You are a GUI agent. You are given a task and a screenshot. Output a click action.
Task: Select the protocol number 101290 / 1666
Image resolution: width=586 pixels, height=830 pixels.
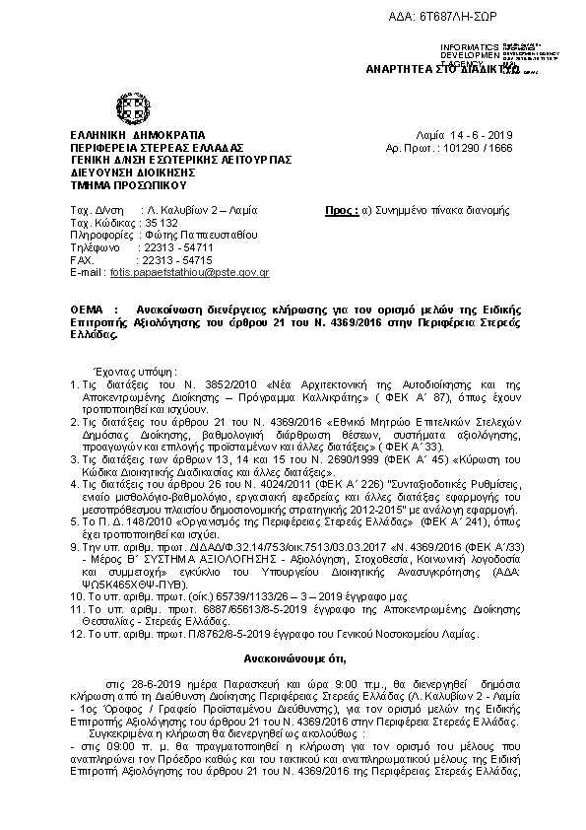click(477, 147)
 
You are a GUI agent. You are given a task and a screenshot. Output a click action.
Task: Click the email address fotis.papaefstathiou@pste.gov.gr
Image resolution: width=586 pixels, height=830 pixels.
click(191, 271)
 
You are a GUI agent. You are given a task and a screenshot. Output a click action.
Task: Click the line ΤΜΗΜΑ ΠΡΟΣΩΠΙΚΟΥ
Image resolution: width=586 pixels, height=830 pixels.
click(129, 185)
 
